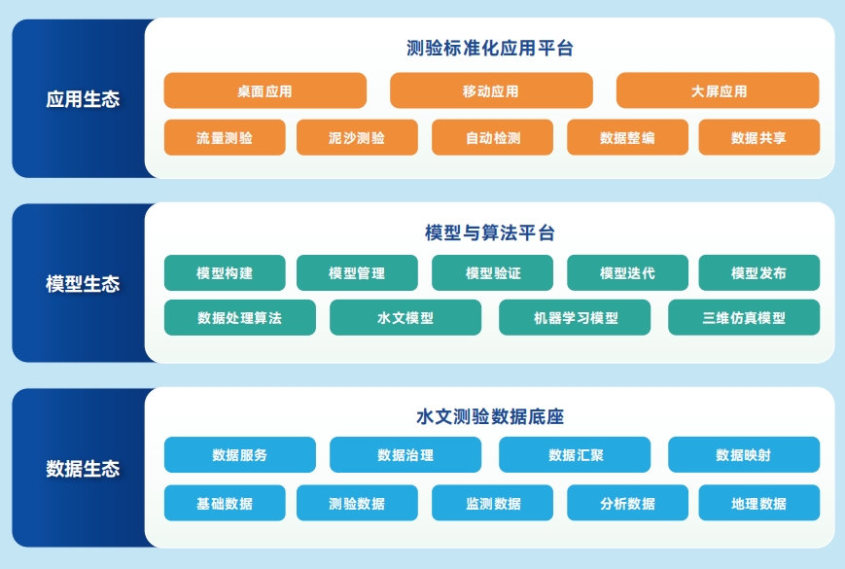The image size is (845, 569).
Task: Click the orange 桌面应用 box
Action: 265,90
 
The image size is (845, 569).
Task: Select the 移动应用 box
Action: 491,90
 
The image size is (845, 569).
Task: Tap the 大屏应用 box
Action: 718,90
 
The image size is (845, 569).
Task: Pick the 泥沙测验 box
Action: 357,137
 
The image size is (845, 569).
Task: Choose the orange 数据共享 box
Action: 759,137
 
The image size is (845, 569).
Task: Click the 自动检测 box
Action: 493,137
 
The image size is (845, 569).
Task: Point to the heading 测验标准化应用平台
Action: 490,49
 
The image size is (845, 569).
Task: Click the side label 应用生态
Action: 83,99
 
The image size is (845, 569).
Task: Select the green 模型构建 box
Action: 225,272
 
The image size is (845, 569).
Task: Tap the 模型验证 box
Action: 493,272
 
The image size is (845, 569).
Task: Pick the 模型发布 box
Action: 759,272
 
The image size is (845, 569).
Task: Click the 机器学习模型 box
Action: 575,317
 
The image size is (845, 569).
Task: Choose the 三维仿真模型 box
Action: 744,317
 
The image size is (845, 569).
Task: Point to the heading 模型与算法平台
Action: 490,232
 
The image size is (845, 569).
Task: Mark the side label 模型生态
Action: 83,283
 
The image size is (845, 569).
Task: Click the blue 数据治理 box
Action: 405,455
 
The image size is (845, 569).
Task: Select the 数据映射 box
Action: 744,455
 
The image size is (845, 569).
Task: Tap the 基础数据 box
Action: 225,503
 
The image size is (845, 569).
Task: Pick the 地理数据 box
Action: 759,503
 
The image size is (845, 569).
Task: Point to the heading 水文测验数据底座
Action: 490,416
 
